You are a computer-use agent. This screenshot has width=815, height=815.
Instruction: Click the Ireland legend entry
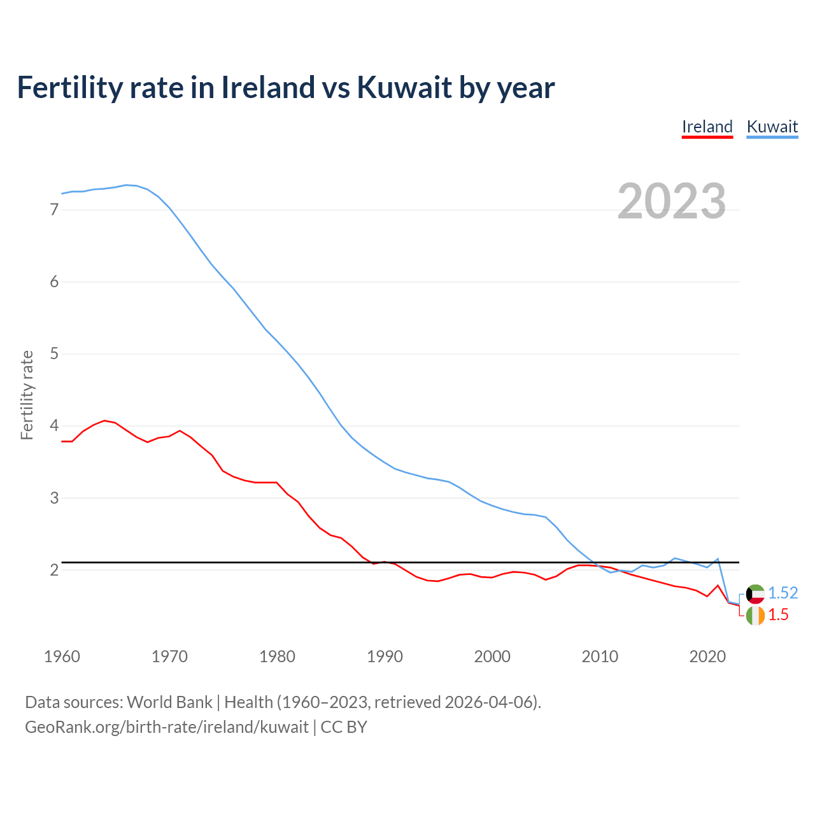pos(707,127)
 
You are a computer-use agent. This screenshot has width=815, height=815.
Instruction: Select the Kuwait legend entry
pos(772,127)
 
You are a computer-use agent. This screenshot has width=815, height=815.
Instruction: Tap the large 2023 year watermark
pos(671,201)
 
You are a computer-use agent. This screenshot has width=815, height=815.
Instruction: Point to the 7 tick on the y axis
pos(54,209)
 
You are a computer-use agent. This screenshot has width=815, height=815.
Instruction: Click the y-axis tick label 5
pos(54,353)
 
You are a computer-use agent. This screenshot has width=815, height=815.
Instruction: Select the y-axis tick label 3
pos(54,497)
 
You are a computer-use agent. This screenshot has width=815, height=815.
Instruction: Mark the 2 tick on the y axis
pos(54,570)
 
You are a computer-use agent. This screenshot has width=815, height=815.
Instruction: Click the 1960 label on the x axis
pos(62,656)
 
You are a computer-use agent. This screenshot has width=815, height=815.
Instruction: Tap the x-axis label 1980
pos(277,656)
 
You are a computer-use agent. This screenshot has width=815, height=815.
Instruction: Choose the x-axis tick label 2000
pos(492,656)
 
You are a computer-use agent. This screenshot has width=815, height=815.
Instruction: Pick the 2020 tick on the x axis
pos(707,656)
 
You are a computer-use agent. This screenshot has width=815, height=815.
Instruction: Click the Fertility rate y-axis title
pos(27,395)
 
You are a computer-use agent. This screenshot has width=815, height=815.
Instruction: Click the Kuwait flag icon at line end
pos(755,594)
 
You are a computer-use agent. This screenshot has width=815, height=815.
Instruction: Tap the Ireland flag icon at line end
pos(755,616)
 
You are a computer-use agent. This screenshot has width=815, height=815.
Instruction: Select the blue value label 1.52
pos(783,593)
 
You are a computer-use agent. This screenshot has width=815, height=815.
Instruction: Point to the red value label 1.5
pos(778,614)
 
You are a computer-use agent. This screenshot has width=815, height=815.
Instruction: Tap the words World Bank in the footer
pos(169,702)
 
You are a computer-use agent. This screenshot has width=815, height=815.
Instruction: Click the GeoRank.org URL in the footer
pos(167,727)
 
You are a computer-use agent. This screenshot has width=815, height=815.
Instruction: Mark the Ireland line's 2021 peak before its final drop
pos(718,585)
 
